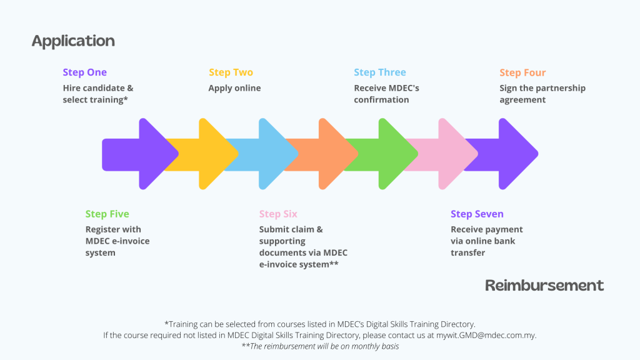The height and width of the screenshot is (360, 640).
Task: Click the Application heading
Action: (x=73, y=41)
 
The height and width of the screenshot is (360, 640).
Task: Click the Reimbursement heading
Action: (x=544, y=285)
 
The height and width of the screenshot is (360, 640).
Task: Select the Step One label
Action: (x=85, y=72)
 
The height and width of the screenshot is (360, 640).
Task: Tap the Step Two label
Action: (x=231, y=72)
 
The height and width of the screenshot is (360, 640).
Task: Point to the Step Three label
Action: (x=380, y=72)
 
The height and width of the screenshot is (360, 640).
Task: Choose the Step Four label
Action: (x=522, y=72)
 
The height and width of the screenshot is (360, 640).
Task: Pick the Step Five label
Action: (x=107, y=214)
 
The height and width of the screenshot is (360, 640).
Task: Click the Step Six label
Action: (x=278, y=214)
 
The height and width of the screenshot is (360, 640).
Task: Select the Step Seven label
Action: (x=477, y=214)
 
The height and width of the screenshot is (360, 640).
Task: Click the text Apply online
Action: (x=235, y=88)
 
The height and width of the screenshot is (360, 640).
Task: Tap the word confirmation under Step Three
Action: (x=381, y=99)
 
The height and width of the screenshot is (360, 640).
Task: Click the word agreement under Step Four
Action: (x=522, y=100)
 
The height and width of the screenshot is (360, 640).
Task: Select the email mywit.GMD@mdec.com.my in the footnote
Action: (x=486, y=336)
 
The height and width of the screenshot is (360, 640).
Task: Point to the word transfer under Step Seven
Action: (x=467, y=252)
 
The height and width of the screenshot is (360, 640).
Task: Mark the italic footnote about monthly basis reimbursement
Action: (x=320, y=346)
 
